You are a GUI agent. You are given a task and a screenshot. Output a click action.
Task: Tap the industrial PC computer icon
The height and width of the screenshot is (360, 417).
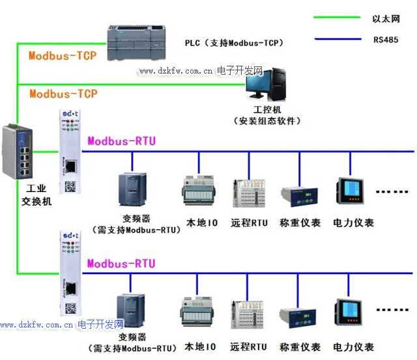tap(266, 83)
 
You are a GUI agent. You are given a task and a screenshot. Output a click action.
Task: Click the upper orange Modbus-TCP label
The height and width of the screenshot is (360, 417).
tap(63, 55)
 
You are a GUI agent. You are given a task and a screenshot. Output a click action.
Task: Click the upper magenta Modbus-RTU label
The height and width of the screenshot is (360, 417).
tap(122, 141)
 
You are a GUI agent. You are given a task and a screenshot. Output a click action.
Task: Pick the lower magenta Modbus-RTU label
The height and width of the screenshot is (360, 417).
tap(122, 263)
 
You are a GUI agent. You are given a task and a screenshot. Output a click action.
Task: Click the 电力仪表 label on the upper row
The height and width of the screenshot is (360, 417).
tap(354, 223)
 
